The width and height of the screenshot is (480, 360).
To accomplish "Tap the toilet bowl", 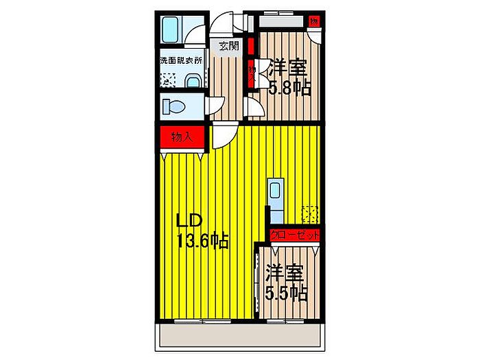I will [173, 107].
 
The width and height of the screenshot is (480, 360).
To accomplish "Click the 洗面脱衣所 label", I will [182, 60].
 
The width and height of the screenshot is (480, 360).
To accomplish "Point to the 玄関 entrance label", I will [228, 46].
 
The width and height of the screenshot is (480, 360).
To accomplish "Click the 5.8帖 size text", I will [289, 88].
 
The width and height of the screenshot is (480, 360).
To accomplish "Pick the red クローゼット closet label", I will [296, 235].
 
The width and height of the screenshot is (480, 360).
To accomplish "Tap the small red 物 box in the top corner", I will [313, 21].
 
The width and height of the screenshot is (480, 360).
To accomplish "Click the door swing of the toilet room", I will [215, 107].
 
